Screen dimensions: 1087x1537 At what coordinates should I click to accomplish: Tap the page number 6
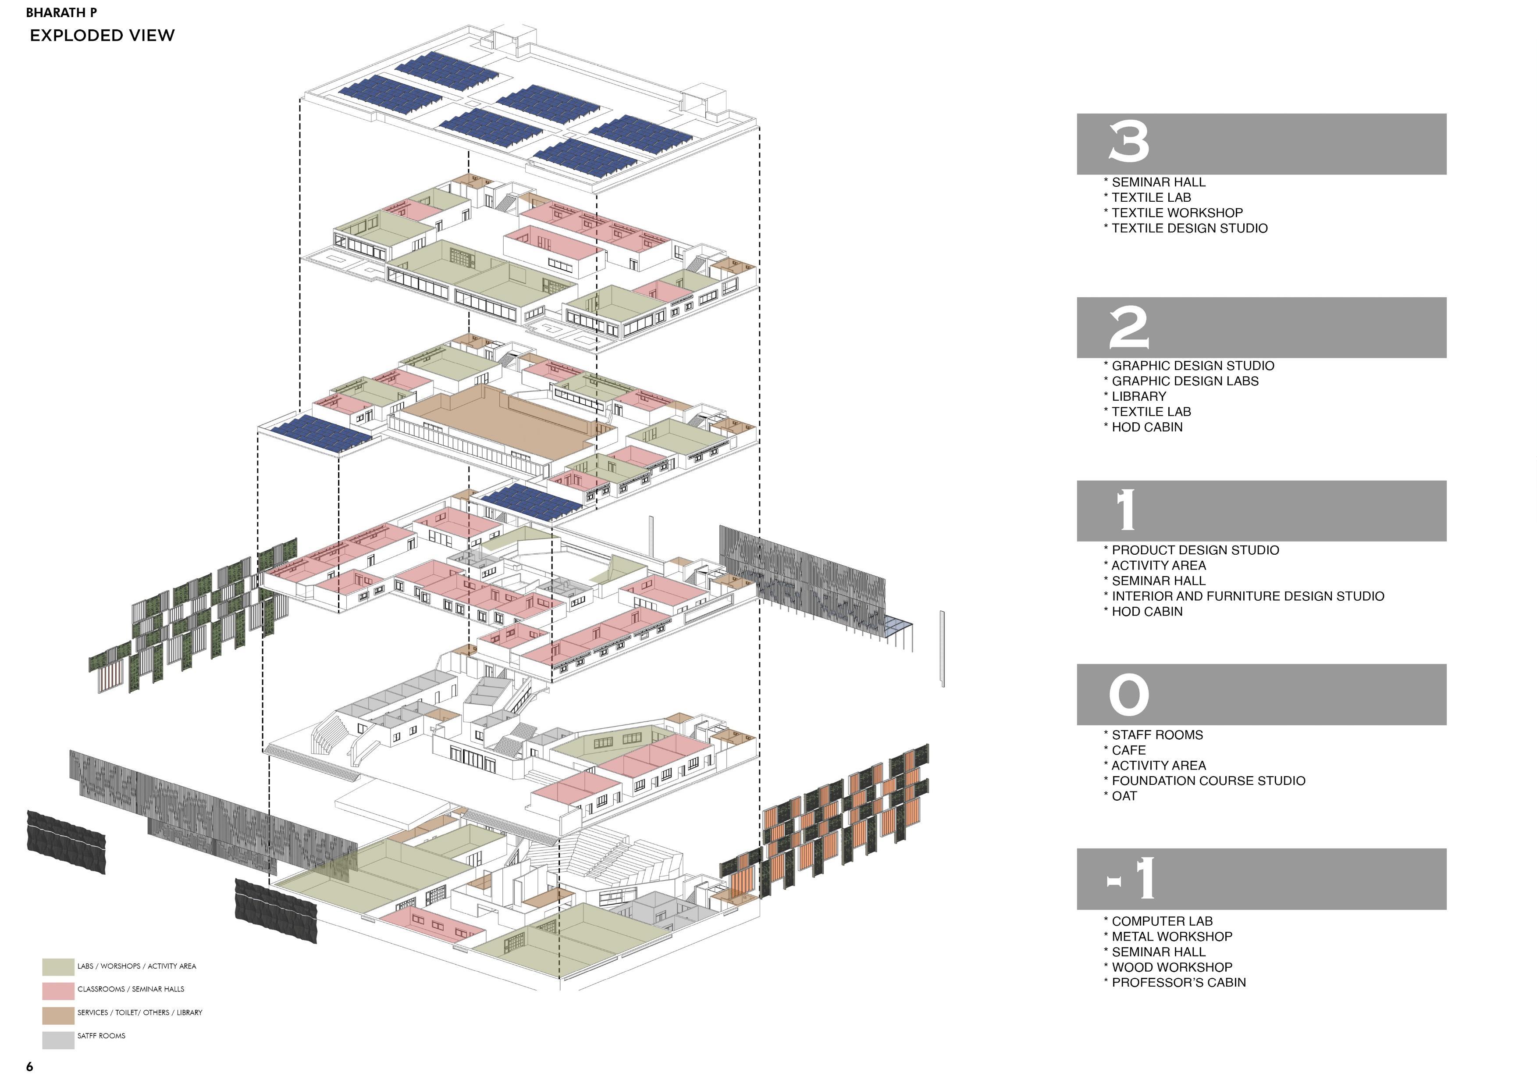pyautogui.click(x=29, y=1066)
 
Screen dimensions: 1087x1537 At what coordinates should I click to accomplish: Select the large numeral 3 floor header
pyautogui.click(x=1129, y=142)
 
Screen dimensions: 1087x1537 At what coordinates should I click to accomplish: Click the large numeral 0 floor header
pyautogui.click(x=1129, y=695)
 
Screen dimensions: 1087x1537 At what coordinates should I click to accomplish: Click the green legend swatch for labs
pyautogui.click(x=58, y=966)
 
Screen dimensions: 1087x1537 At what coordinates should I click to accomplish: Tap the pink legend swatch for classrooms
pyautogui.click(x=58, y=991)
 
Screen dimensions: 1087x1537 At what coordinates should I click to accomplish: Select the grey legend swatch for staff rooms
pyautogui.click(x=58, y=1040)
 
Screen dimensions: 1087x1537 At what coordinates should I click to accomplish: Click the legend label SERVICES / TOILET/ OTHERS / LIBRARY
pyautogui.click(x=139, y=1012)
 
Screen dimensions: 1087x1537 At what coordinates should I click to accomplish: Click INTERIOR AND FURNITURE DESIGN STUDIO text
pyautogui.click(x=1247, y=596)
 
